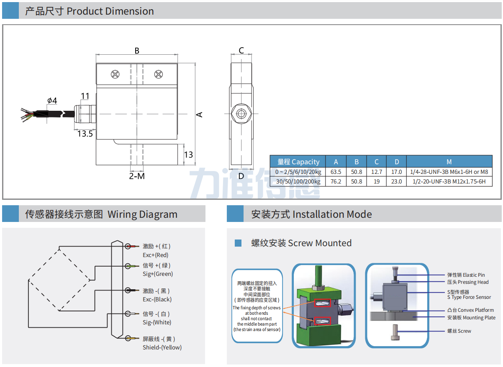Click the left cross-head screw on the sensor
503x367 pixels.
coord(115,74)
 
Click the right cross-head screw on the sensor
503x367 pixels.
coord(159,74)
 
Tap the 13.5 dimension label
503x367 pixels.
coord(85,134)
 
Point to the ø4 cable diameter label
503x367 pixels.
coord(52,100)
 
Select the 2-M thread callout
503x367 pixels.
coord(137,176)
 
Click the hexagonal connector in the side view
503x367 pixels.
coord(241,114)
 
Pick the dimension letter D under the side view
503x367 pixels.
coord(241,176)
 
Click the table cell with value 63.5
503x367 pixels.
coord(336,172)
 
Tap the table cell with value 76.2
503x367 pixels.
coord(336,181)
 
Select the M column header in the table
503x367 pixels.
coord(449,161)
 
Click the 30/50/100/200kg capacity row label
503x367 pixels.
coord(298,181)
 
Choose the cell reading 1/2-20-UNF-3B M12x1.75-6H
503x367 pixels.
coord(449,181)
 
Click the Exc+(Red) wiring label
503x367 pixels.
coord(155,255)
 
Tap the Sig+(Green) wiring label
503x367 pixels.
coord(158,274)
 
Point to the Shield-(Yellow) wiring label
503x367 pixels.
coord(162,347)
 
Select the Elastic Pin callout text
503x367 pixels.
coord(466,275)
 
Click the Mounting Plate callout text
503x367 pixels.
coord(471,318)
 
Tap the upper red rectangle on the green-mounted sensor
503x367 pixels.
coord(323,303)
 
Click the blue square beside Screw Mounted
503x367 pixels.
coord(238,243)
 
